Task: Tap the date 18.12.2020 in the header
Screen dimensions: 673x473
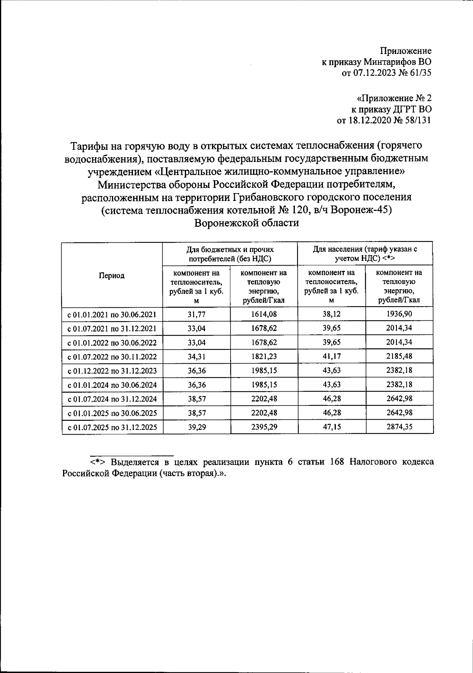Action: pyautogui.click(x=369, y=120)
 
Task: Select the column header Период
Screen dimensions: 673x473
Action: pyautogui.click(x=112, y=275)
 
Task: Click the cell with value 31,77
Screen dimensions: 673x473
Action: pyautogui.click(x=196, y=314)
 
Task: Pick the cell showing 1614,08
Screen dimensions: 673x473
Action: pyautogui.click(x=264, y=314)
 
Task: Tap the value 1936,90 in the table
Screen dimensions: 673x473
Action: pyautogui.click(x=399, y=314)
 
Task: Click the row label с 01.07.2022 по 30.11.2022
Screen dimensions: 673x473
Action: pyautogui.click(x=112, y=357)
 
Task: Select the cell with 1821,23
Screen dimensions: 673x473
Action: pyautogui.click(x=264, y=357)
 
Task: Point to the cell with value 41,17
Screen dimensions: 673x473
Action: pyautogui.click(x=331, y=357)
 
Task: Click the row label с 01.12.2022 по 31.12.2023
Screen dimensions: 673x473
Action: pyautogui.click(x=112, y=371)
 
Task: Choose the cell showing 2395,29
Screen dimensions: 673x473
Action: pyautogui.click(x=264, y=427)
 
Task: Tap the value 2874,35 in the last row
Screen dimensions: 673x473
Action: pyautogui.click(x=399, y=427)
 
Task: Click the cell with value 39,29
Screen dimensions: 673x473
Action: pyautogui.click(x=196, y=427)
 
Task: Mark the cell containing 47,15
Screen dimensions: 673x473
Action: pyautogui.click(x=331, y=427)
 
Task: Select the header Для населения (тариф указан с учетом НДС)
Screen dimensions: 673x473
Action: pyautogui.click(x=365, y=254)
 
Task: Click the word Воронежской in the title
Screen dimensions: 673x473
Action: pyautogui.click(x=226, y=223)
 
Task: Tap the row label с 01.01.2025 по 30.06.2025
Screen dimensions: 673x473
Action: pyautogui.click(x=112, y=413)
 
